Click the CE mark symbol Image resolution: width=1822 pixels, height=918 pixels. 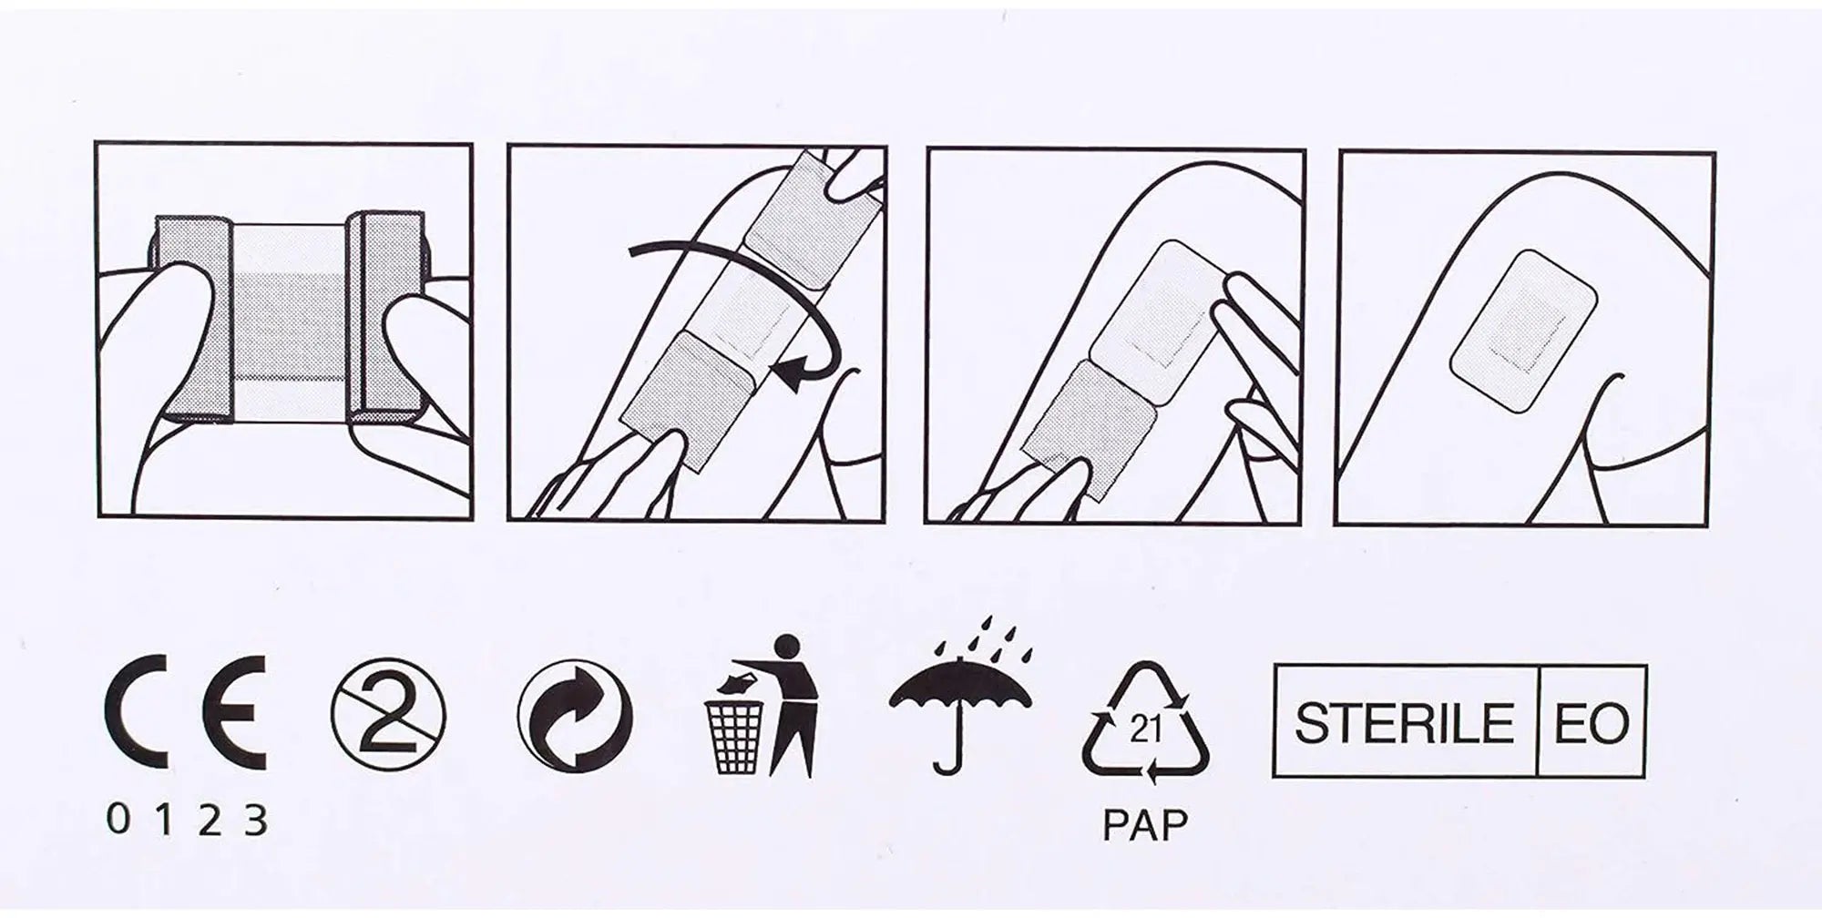pos(185,712)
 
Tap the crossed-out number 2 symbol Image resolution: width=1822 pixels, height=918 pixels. pos(388,714)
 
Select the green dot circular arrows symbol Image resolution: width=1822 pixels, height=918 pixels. pos(575,715)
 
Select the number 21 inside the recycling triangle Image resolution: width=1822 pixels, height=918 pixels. pos(1145,729)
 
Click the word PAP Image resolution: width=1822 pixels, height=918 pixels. pos(1145,824)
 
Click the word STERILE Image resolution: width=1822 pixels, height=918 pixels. pos(1404,723)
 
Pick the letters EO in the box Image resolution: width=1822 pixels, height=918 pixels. pos(1592,723)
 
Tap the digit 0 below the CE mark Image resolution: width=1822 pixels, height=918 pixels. pos(118,820)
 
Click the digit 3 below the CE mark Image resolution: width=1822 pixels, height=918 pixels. pos(256,821)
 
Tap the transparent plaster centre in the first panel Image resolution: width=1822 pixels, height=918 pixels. pos(290,323)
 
